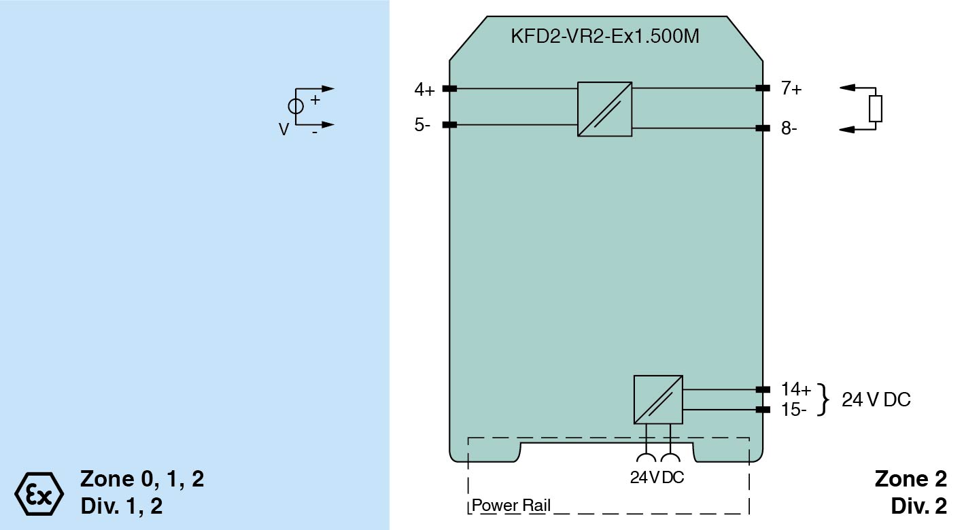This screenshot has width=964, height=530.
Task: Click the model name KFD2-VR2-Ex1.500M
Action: click(604, 36)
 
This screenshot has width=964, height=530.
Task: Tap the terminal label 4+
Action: click(424, 90)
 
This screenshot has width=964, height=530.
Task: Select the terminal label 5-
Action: click(422, 125)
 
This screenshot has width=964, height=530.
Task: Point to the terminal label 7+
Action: click(791, 88)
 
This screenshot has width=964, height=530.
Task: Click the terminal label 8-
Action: click(789, 128)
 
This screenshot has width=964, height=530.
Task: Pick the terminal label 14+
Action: click(796, 389)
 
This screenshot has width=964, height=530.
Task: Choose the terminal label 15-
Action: click(794, 410)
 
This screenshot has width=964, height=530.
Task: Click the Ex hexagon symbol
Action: click(39, 493)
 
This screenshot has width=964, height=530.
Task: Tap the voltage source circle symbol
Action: click(296, 106)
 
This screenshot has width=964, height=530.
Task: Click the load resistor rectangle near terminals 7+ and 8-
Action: click(876, 109)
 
